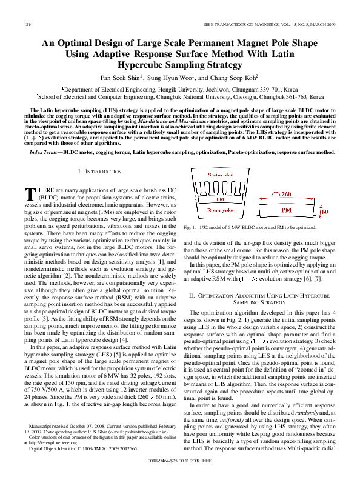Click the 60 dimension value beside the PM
click(324, 213)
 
